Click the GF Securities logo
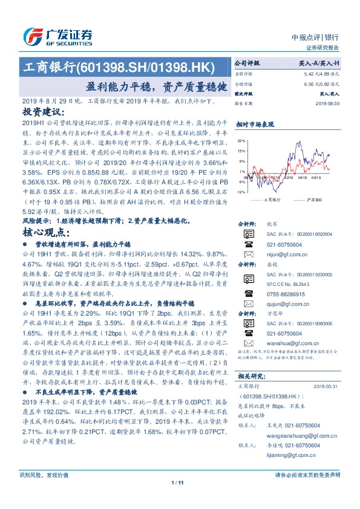(57, 36)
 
